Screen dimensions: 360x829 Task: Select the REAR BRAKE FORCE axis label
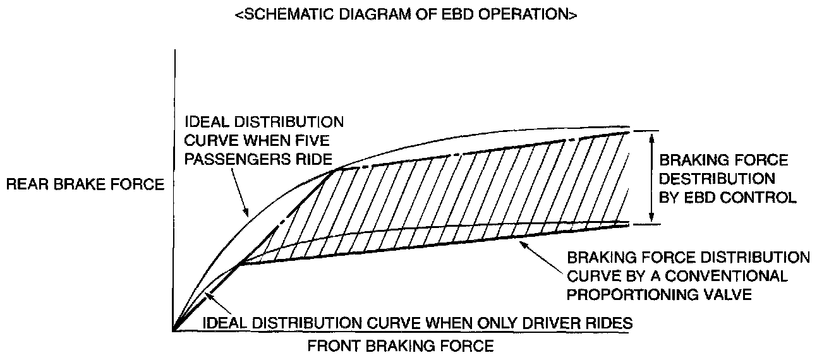point(85,184)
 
